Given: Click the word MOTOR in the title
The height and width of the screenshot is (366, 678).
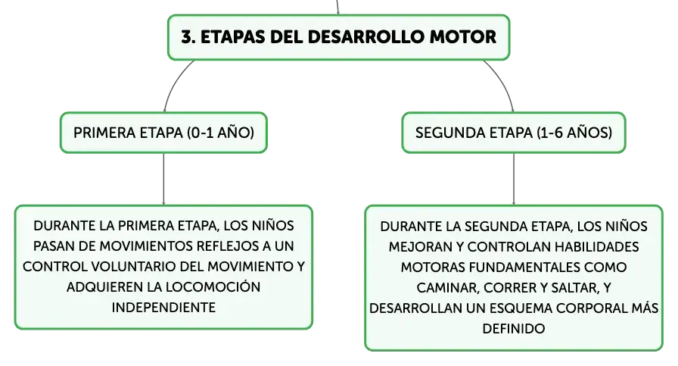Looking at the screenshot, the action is coord(462,37).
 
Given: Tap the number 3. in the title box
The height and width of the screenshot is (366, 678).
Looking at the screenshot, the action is coord(188,37).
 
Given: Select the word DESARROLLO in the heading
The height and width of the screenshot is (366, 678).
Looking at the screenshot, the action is coord(365,37).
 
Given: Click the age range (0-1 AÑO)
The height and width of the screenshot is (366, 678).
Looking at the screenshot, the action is coord(220,133).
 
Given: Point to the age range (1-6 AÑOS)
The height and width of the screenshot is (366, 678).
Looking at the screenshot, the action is coord(574,133).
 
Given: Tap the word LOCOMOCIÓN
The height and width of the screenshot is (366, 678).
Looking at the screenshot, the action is coord(213,286).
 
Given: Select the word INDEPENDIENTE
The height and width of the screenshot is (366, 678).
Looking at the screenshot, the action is coord(163,308).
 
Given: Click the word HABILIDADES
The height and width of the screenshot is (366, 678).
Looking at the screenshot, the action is coord(597,247).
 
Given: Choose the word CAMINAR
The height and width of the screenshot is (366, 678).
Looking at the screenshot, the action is coord(448,288).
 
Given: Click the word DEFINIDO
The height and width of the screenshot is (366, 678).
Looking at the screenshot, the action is coord(514,329).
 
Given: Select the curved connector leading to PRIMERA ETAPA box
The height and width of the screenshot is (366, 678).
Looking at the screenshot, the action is coord(175,83).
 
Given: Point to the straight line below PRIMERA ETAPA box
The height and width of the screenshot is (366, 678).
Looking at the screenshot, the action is coord(164,179).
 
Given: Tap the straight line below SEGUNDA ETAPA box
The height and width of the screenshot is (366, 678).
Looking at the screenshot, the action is coord(514,179).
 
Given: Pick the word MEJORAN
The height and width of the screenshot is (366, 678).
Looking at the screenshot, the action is coord(418,247).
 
